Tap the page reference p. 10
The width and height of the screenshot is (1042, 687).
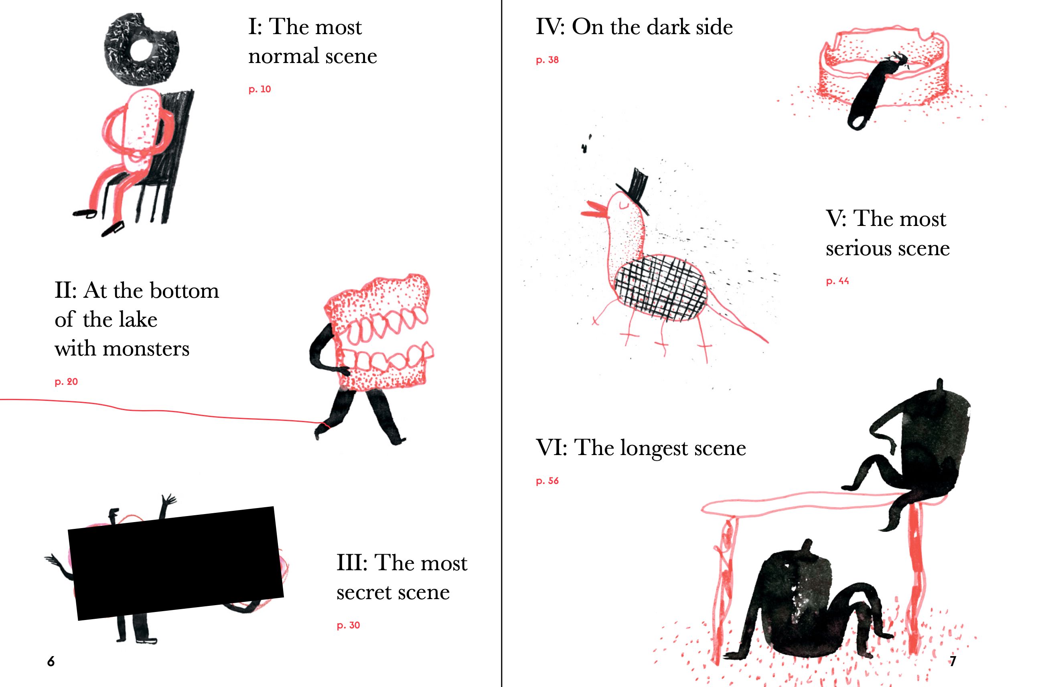259,89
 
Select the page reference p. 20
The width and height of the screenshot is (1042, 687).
66,382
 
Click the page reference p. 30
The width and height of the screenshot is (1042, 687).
349,625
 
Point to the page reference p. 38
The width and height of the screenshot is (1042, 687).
547,60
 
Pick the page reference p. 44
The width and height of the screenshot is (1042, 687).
837,281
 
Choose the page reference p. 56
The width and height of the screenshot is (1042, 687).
547,481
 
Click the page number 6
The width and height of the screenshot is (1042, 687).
51,662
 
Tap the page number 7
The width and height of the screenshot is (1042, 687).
953,662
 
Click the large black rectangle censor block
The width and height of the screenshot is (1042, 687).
176,563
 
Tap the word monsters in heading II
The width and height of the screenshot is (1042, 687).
146,349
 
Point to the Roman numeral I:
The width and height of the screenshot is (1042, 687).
255,27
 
